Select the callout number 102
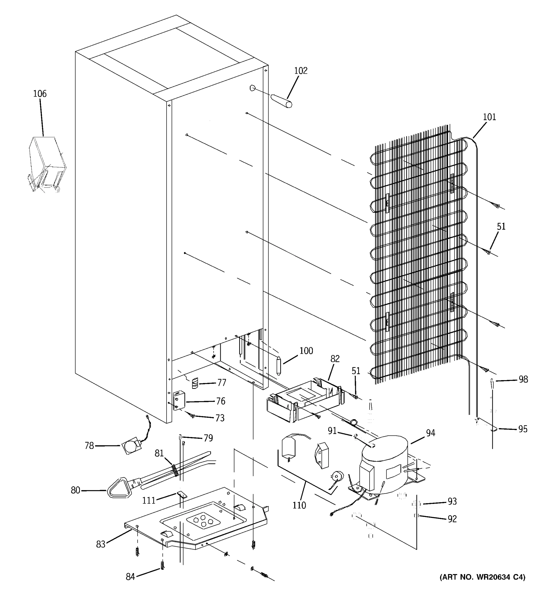coord(301,71)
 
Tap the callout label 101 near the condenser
coord(489,117)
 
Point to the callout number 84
coord(130,577)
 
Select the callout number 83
coord(101,544)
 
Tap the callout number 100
coord(306,351)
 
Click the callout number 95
coord(523,429)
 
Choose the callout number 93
coord(452,501)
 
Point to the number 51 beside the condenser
coord(501,226)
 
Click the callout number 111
coord(149,500)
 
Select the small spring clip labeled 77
coord(195,383)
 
